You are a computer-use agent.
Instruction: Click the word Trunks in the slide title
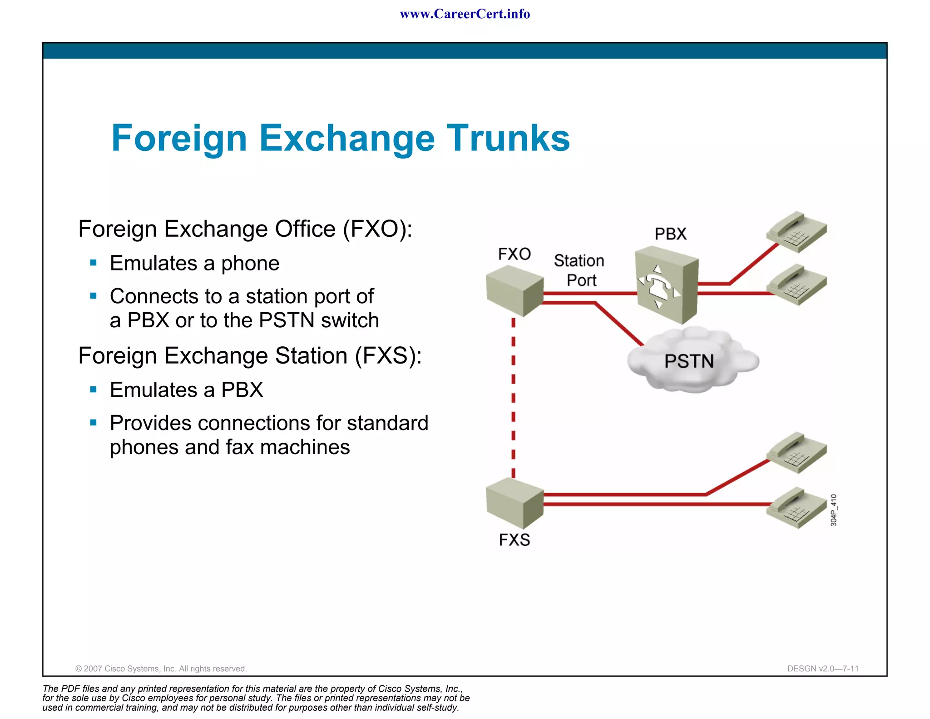pyautogui.click(x=508, y=138)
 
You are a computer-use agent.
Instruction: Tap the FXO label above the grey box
pyautogui.click(x=514, y=254)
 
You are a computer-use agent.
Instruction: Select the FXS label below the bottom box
pyautogui.click(x=514, y=539)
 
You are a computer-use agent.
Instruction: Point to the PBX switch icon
pyautogui.click(x=666, y=285)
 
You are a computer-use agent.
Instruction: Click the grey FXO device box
pyautogui.click(x=514, y=291)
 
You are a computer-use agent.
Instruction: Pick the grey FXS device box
pyautogui.click(x=514, y=503)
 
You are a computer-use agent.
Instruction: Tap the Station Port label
pyautogui.click(x=579, y=270)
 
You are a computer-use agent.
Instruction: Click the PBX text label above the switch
pyautogui.click(x=670, y=234)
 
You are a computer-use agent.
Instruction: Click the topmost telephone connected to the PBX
pyautogui.click(x=796, y=232)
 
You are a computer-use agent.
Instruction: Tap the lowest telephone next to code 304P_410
pyautogui.click(x=796, y=508)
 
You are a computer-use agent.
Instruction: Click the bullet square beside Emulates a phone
pyautogui.click(x=94, y=263)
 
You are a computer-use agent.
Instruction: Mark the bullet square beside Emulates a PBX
pyautogui.click(x=94, y=389)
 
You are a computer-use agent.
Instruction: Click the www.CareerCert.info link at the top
pyautogui.click(x=465, y=14)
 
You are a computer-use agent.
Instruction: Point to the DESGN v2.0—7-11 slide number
pyautogui.click(x=822, y=669)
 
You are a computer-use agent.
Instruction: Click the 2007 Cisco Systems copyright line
pyautogui.click(x=161, y=669)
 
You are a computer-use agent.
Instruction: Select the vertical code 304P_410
pyautogui.click(x=833, y=510)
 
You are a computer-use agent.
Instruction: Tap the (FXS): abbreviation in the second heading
pyautogui.click(x=388, y=355)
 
